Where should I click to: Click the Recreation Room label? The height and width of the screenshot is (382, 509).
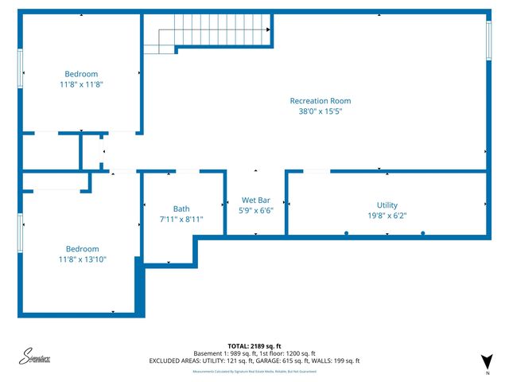coord(320,101)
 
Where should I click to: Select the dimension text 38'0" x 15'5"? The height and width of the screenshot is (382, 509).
coord(320,112)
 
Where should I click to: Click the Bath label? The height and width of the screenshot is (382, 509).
coord(181,209)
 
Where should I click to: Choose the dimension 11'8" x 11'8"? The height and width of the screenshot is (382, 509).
coord(81,84)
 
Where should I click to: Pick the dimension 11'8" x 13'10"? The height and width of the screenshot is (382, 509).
coord(83,259)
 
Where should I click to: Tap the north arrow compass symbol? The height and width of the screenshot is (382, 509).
coord(487,361)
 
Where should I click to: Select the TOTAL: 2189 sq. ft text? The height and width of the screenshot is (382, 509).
coord(254,345)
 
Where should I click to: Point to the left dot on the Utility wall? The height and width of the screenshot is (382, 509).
coord(346,232)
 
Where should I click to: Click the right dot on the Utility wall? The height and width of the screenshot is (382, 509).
coord(422,232)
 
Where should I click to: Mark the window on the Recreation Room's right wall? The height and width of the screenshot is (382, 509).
coord(488,39)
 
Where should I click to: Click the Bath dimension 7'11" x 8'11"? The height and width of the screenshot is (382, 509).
coord(181,220)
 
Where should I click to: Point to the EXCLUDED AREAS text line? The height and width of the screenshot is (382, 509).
coord(254,361)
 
